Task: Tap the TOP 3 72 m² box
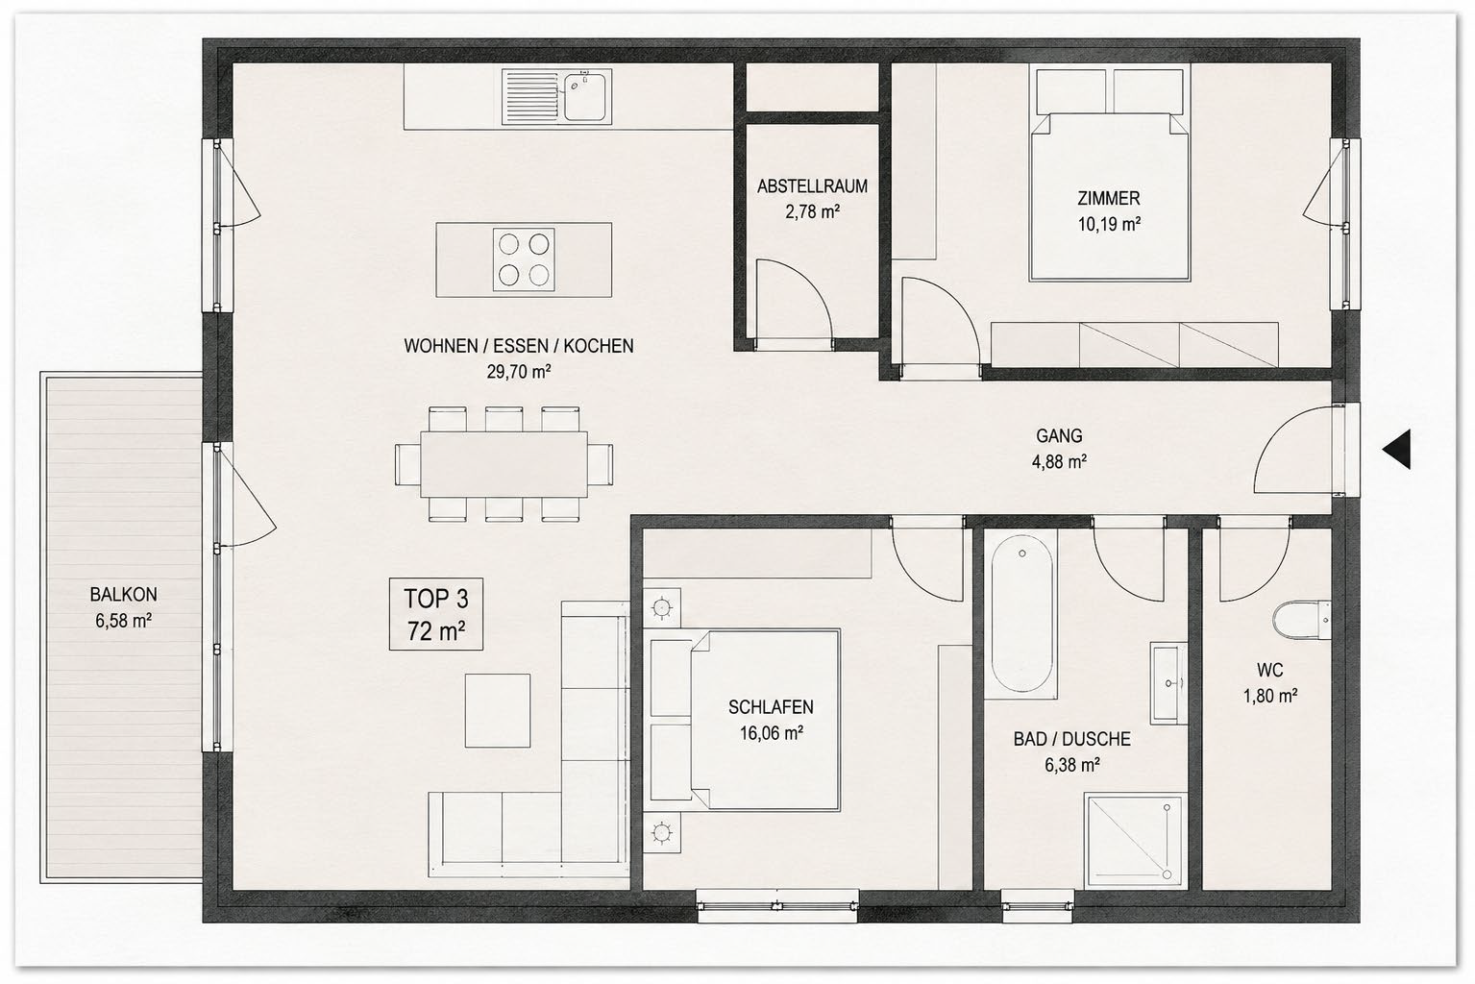pyautogui.click(x=436, y=614)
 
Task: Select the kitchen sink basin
pyautogui.click(x=585, y=97)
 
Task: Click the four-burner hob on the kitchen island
pyautogui.click(x=524, y=259)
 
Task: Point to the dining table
pyautogui.click(x=504, y=464)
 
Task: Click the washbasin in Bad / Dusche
pyautogui.click(x=1168, y=683)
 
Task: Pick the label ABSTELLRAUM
pyautogui.click(x=812, y=186)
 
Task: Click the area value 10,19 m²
pyautogui.click(x=1109, y=224)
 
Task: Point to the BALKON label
pyautogui.click(x=124, y=594)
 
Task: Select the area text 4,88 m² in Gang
pyautogui.click(x=1059, y=461)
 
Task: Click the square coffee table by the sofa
pyautogui.click(x=497, y=710)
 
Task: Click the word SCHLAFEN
pyautogui.click(x=771, y=706)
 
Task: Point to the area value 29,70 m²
pyautogui.click(x=518, y=372)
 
